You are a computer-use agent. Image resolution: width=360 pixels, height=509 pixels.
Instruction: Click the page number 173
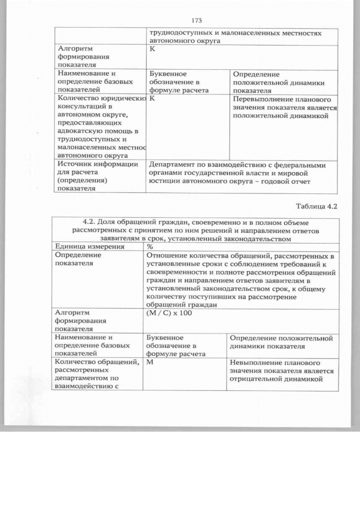pos(196,20)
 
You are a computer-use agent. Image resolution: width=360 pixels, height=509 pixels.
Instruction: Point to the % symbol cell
pos(150,246)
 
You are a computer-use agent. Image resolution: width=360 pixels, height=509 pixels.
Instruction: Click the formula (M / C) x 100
pos(169,313)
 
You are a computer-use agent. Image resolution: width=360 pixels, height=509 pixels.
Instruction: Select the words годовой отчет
pos(286,181)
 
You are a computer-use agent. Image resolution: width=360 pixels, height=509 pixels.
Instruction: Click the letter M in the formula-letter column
pos(150,363)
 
